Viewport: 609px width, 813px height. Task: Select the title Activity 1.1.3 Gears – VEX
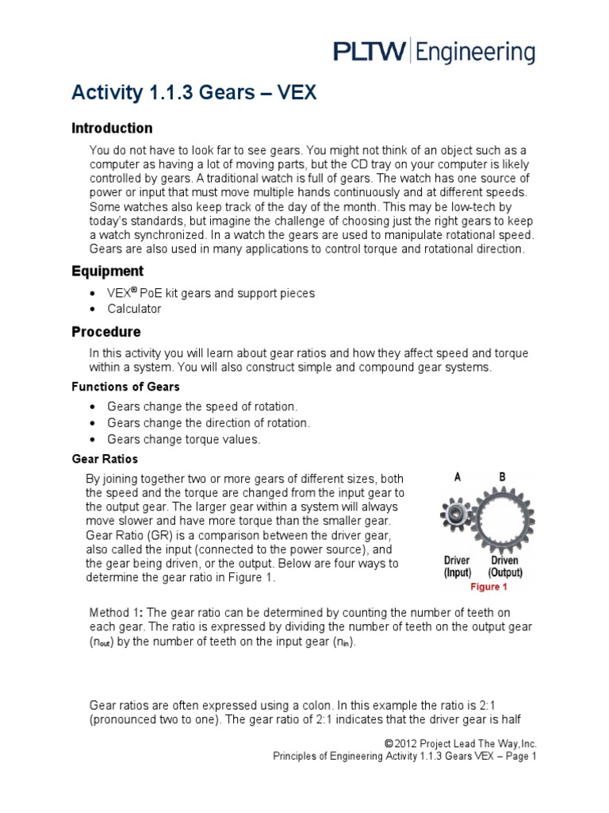194,94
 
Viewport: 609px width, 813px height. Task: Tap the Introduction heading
112,128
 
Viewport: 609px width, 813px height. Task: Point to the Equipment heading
108,272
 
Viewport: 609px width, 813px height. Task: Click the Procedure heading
106,331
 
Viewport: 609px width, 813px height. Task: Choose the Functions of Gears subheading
125,387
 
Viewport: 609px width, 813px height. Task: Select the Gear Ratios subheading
105,459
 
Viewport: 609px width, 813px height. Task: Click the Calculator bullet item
134,309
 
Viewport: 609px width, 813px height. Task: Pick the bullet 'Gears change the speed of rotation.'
202,405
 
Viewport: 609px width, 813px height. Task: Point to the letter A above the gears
458,477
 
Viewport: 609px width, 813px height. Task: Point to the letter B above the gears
501,477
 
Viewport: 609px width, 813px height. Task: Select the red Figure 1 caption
488,588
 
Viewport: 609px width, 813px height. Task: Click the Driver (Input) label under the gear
458,567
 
